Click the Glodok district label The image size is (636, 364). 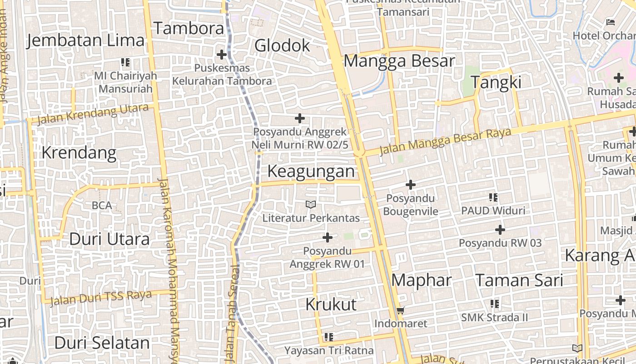point(282,45)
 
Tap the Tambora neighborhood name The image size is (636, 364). point(189,28)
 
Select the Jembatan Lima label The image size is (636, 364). point(85,40)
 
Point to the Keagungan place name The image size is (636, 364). point(311,172)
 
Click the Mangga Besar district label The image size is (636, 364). point(399,61)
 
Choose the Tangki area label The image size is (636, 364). point(496,82)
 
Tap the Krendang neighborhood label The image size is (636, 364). point(79,152)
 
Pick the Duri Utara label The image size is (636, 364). point(109,239)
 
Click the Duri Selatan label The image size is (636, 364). point(102,343)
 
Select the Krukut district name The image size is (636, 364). point(331,304)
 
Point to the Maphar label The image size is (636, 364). point(422,280)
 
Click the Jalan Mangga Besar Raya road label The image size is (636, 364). point(445,141)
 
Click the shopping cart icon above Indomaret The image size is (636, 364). point(400,311)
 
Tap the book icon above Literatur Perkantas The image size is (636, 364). point(311,205)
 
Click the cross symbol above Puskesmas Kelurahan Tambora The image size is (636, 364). point(222,55)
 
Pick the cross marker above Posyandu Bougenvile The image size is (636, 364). point(411,185)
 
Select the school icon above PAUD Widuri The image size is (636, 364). point(493,197)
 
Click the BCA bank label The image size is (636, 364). point(102,206)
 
